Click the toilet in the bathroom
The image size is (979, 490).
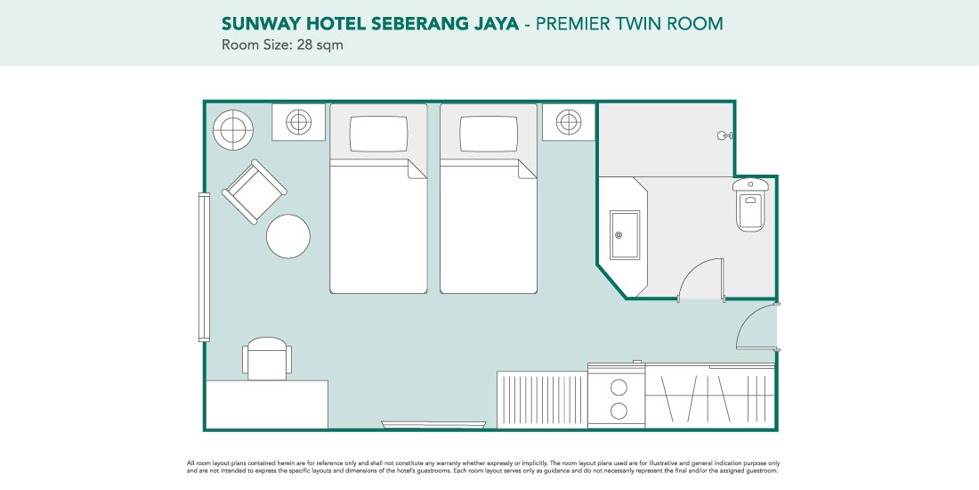click(750, 204)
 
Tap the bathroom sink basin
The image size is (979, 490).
click(625, 234)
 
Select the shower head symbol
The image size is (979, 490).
click(724, 135)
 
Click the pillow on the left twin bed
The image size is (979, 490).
click(378, 134)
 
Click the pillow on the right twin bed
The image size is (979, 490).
click(489, 134)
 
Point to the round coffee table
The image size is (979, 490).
click(288, 236)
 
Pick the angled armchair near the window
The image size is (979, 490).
click(255, 192)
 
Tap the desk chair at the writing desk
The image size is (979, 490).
click(267, 358)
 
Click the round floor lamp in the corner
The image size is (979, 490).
click(233, 130)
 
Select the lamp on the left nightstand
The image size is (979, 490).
click(298, 122)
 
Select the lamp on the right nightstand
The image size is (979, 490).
click(569, 122)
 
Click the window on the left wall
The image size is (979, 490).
click(204, 267)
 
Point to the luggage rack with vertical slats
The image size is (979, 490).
click(542, 400)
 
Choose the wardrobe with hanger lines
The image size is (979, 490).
click(710, 396)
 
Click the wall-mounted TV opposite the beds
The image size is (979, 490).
click(433, 425)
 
